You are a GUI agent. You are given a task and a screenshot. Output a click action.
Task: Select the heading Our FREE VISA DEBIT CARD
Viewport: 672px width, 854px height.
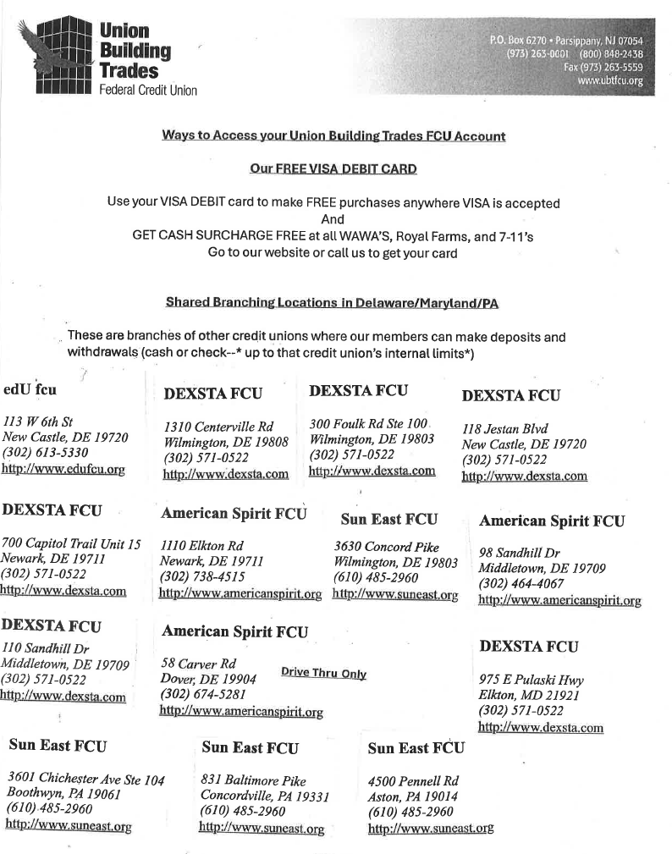click(x=333, y=169)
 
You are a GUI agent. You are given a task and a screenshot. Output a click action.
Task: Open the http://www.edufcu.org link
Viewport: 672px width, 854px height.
click(x=64, y=468)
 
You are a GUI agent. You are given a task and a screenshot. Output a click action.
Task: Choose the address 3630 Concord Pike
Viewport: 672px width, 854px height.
click(x=386, y=548)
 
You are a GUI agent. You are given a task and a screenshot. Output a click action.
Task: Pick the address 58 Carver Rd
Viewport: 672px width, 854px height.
click(x=198, y=663)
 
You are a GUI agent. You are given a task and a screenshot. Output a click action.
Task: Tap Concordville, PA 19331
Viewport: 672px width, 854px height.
click(x=264, y=796)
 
